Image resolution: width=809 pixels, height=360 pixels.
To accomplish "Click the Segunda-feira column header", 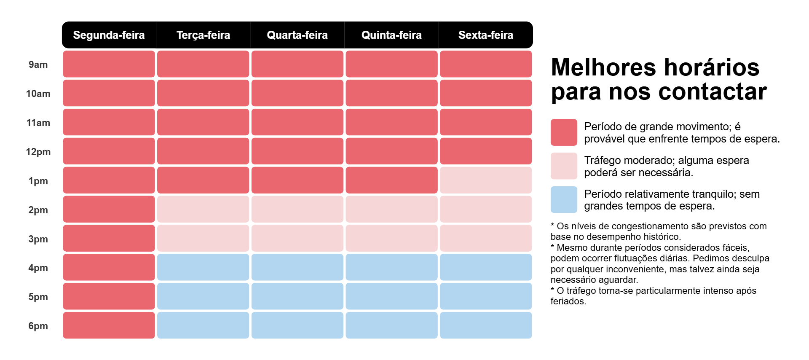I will click(x=109, y=35).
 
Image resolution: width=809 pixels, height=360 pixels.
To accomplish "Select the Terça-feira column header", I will click(x=203, y=35).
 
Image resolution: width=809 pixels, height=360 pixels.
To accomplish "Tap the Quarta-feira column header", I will click(x=297, y=35).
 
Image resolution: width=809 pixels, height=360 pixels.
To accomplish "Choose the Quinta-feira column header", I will click(x=391, y=35).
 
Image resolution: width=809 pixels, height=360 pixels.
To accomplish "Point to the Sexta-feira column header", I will click(x=485, y=35).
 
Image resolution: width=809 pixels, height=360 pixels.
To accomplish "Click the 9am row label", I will click(x=38, y=64).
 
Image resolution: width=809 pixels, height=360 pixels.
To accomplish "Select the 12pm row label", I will click(x=38, y=152).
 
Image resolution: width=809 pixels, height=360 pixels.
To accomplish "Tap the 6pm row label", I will click(x=38, y=326).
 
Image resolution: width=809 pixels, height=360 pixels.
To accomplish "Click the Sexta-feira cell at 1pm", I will click(x=485, y=180).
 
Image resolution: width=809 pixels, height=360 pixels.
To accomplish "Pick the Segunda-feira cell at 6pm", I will click(x=109, y=325).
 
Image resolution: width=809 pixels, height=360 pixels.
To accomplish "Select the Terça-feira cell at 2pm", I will click(x=203, y=210).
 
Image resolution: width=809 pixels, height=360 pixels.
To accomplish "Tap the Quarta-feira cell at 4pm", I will click(x=297, y=267).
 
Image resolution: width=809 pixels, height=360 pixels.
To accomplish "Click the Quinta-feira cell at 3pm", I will click(x=391, y=238).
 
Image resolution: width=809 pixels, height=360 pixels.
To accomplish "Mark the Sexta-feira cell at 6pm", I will click(x=485, y=325).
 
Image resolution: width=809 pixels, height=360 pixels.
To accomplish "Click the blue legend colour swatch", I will click(x=564, y=200).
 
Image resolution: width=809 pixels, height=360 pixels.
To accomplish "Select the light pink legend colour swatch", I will click(x=564, y=166).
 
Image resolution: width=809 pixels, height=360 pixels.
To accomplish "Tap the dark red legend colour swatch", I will click(x=564, y=132).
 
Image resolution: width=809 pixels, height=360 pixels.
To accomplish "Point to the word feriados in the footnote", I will click(x=568, y=301).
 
